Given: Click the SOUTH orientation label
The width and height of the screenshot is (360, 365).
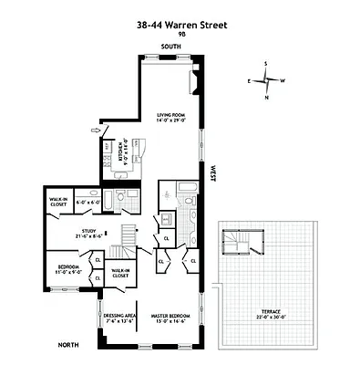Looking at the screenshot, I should [x=170, y=46].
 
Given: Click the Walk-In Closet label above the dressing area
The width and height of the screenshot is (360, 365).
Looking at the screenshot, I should [x=119, y=272].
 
